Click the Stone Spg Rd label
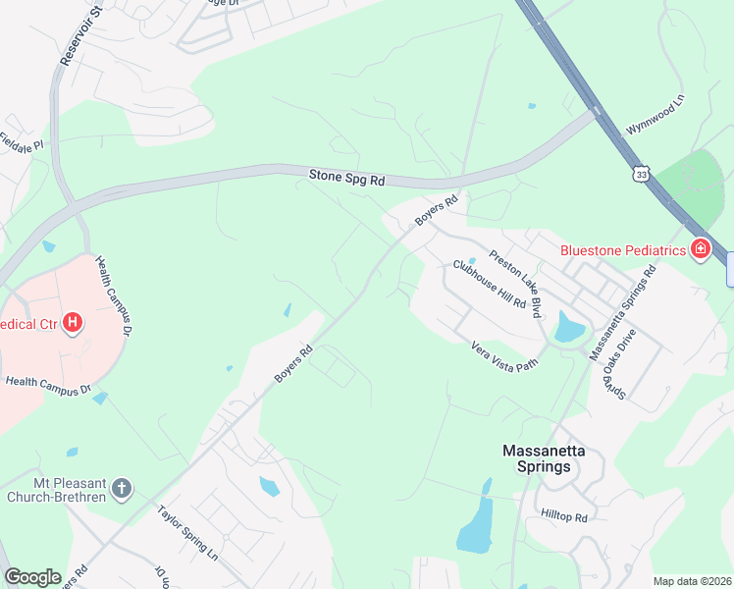pos(347,179)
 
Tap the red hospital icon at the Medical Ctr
pos(72,322)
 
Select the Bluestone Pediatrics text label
pos(621,250)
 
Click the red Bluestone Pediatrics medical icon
pos(700,249)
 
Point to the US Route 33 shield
pos(641,173)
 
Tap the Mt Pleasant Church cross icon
pos(121,488)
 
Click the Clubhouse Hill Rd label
pos(489,285)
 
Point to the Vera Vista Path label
pos(505,354)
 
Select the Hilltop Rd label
pos(563,516)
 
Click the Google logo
pos(32,577)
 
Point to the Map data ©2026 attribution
pos(692,581)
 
